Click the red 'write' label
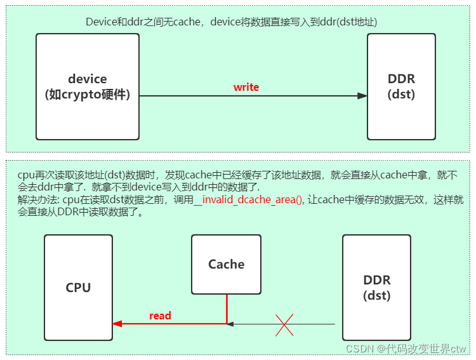[x=246, y=87]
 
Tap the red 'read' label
[x=160, y=316]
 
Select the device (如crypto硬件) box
[x=88, y=87]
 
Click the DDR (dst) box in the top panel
[x=401, y=87]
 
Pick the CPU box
[x=78, y=288]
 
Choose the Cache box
[x=226, y=265]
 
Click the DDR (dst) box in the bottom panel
[x=376, y=288]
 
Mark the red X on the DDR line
[x=284, y=324]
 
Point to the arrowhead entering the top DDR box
[x=362, y=96]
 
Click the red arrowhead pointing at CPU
[x=117, y=324]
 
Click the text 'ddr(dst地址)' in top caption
[x=350, y=22]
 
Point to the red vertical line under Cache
[x=227, y=309]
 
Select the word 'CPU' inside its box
[x=78, y=288]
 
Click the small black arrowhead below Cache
[x=231, y=324]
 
